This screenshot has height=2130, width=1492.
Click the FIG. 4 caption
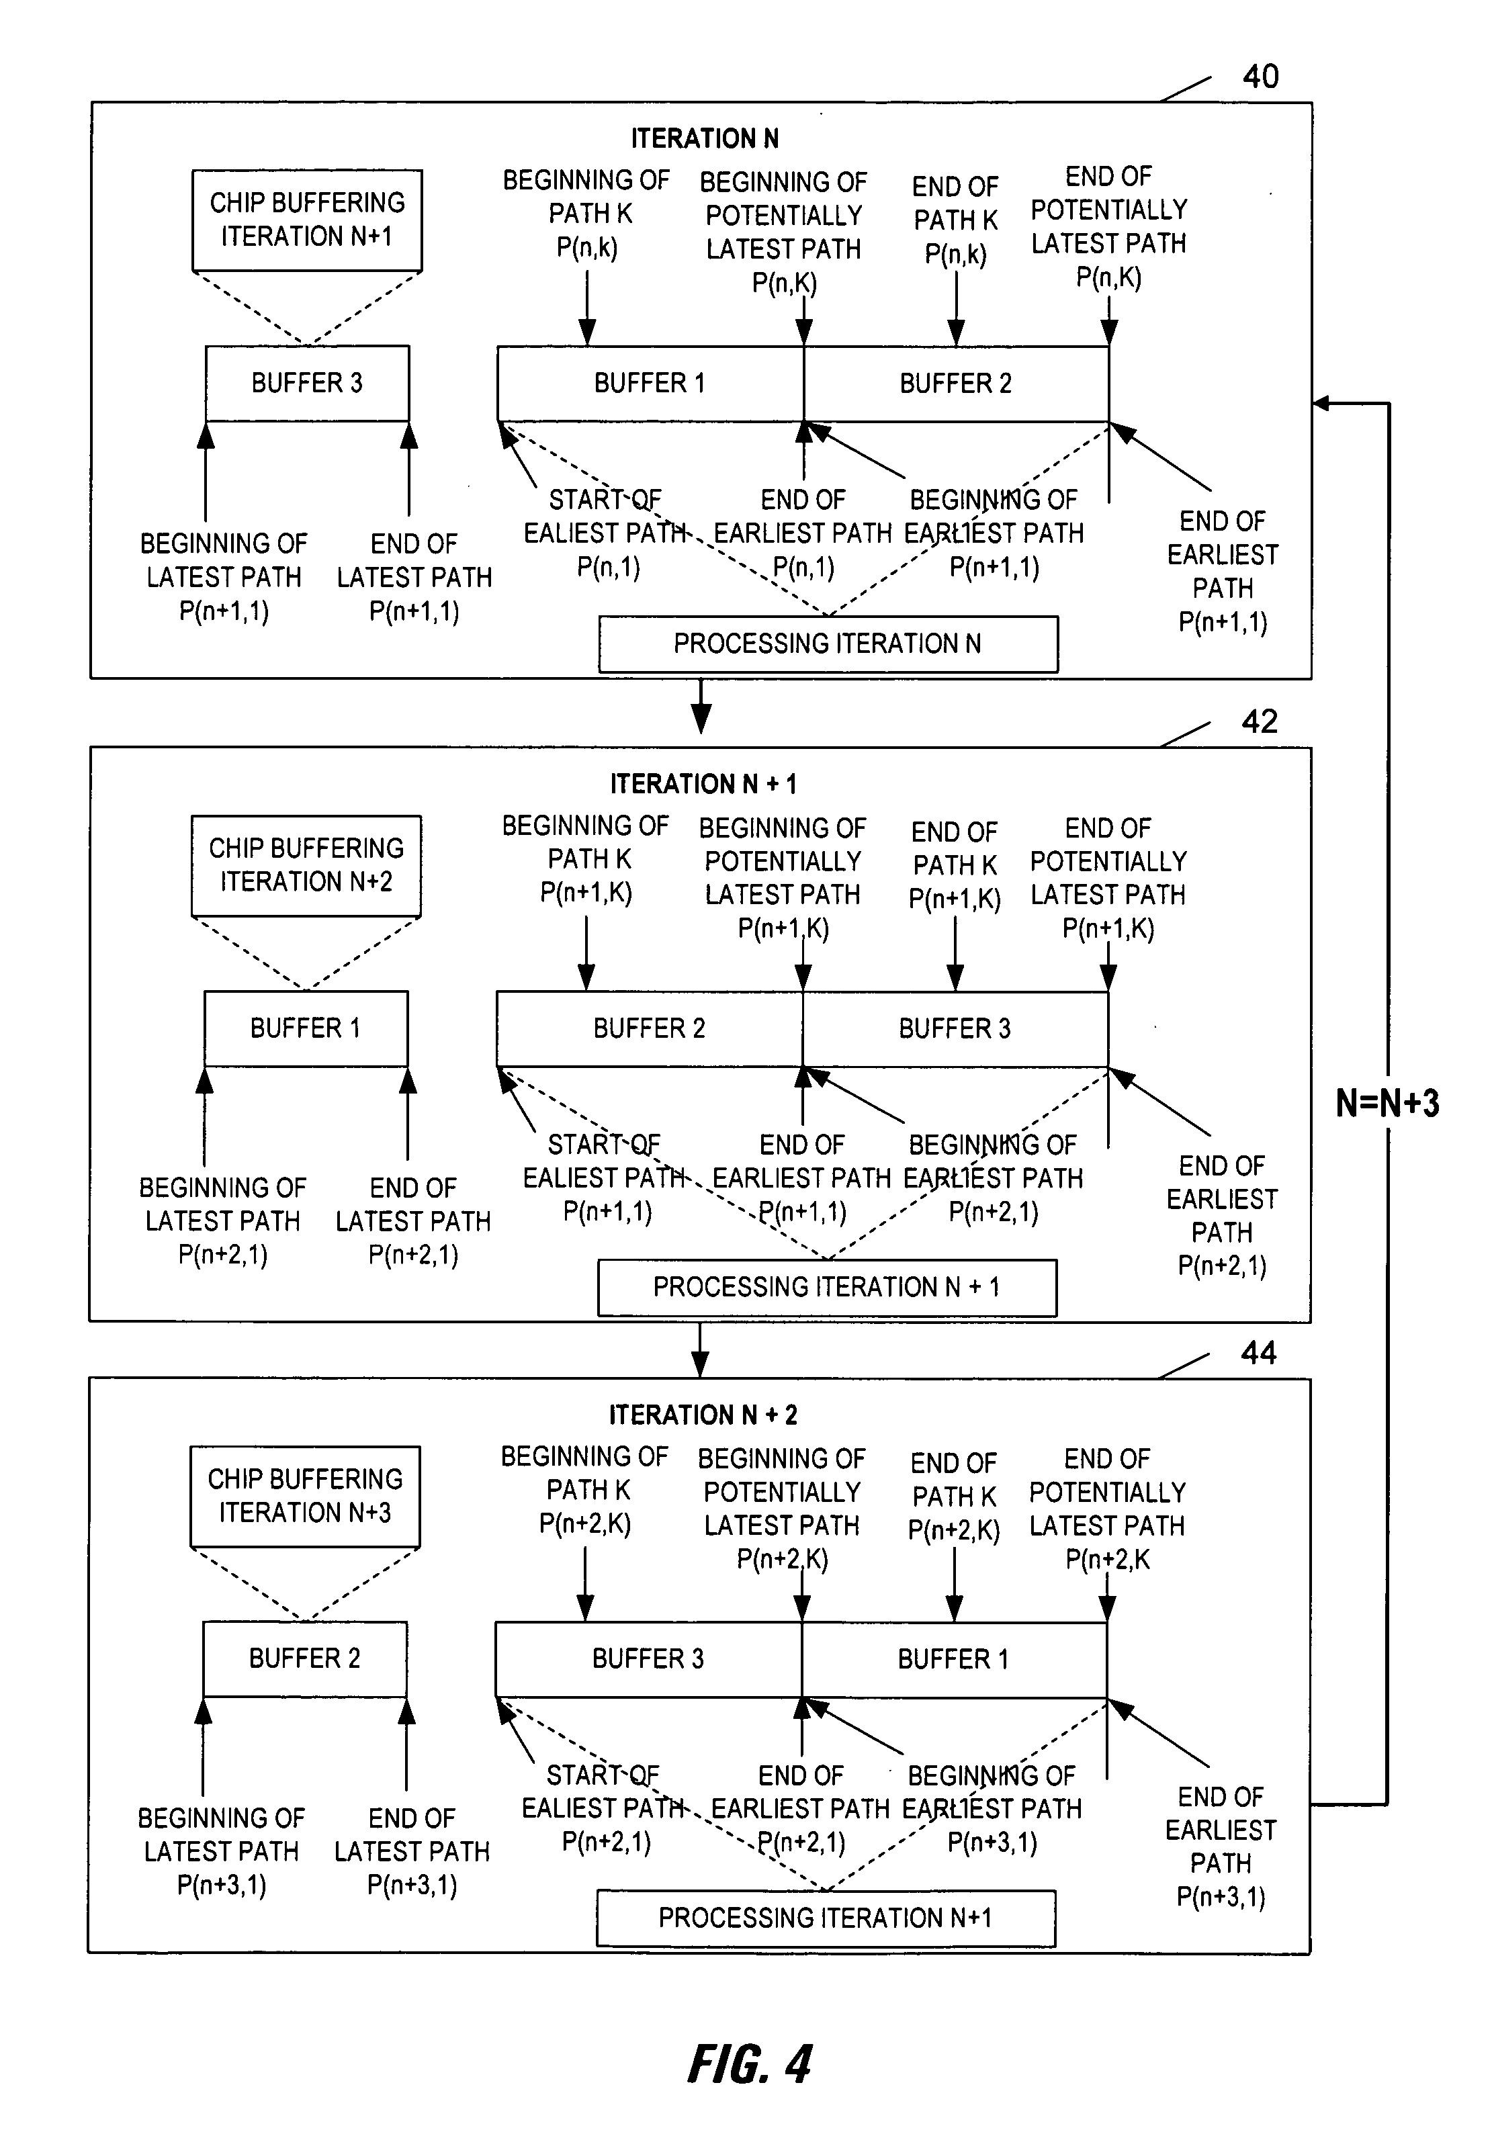[750, 2064]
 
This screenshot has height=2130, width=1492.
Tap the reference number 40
[1260, 76]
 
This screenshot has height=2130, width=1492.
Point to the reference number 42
[1259, 721]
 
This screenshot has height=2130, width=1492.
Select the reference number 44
[1258, 1353]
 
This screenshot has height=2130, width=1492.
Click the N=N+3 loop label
[1387, 1103]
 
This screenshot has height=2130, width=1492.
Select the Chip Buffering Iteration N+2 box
[306, 866]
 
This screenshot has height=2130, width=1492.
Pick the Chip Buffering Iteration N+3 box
[305, 1497]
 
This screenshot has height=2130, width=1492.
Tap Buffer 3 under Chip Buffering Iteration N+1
[307, 383]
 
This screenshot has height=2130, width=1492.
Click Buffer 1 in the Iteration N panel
[650, 383]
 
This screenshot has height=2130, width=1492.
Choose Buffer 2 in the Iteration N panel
[957, 383]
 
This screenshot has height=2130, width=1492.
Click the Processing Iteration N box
[828, 644]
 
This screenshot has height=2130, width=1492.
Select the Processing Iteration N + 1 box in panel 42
[827, 1288]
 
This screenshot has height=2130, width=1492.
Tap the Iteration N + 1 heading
[703, 784]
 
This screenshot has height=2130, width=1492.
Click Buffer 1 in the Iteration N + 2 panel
[954, 1660]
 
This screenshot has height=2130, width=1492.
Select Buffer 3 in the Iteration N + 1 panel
[955, 1029]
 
